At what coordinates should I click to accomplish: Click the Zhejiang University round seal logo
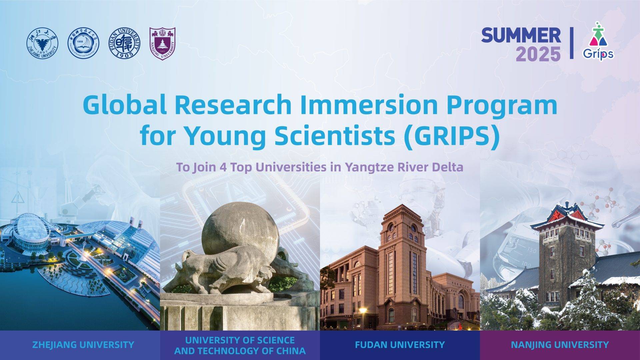click(x=42, y=44)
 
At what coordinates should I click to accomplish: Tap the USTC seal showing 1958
click(x=83, y=44)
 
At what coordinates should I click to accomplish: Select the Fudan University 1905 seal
click(x=125, y=44)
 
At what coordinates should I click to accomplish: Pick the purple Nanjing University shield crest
click(x=162, y=44)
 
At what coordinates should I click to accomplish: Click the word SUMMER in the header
click(x=521, y=36)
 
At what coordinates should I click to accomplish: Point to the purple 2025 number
click(x=538, y=54)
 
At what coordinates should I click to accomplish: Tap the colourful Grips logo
click(x=598, y=41)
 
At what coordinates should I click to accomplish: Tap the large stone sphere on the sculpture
click(x=240, y=230)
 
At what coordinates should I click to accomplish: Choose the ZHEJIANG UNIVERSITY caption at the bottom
click(x=83, y=345)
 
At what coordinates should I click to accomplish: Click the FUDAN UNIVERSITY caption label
click(x=400, y=345)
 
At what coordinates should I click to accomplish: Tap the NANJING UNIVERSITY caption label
click(x=560, y=345)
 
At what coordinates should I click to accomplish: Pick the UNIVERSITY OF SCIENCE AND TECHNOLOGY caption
click(x=240, y=345)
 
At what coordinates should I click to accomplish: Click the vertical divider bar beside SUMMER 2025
click(x=572, y=43)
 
